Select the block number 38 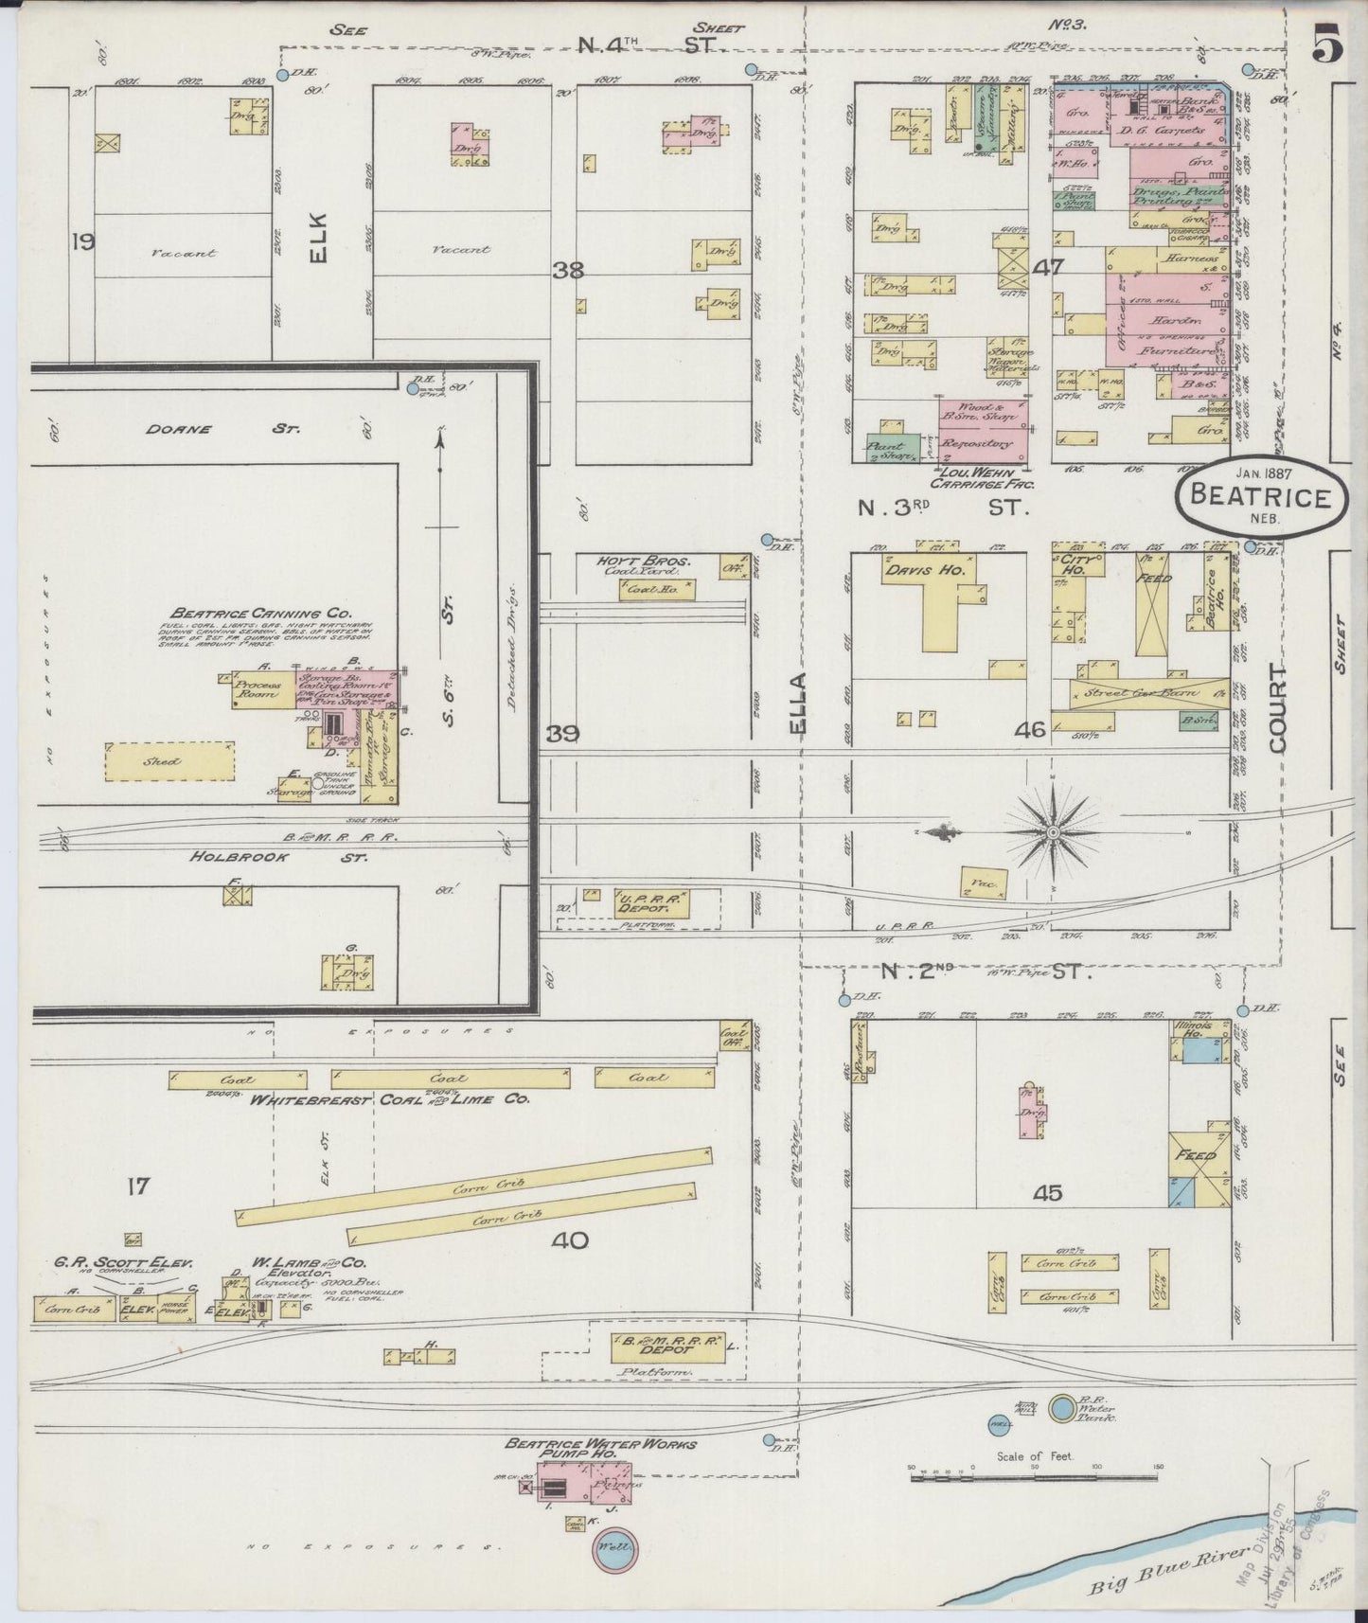(x=569, y=270)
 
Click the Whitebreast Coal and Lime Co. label (x=388, y=1099)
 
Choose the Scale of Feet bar (x=1034, y=1475)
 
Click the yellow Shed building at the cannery (x=169, y=761)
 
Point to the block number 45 (x=1047, y=1193)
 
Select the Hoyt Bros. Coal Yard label (x=644, y=566)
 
